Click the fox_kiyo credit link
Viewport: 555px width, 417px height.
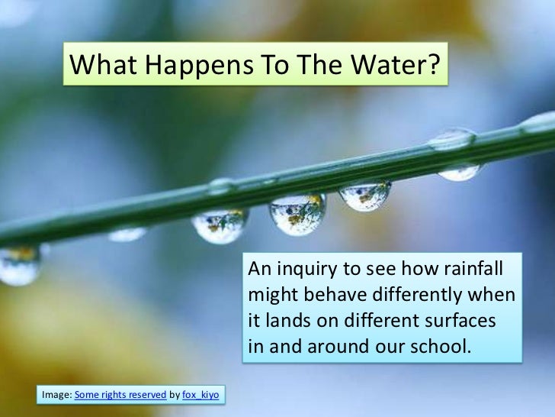pyautogui.click(x=201, y=394)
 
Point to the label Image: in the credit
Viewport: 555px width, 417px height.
pyautogui.click(x=57, y=394)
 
